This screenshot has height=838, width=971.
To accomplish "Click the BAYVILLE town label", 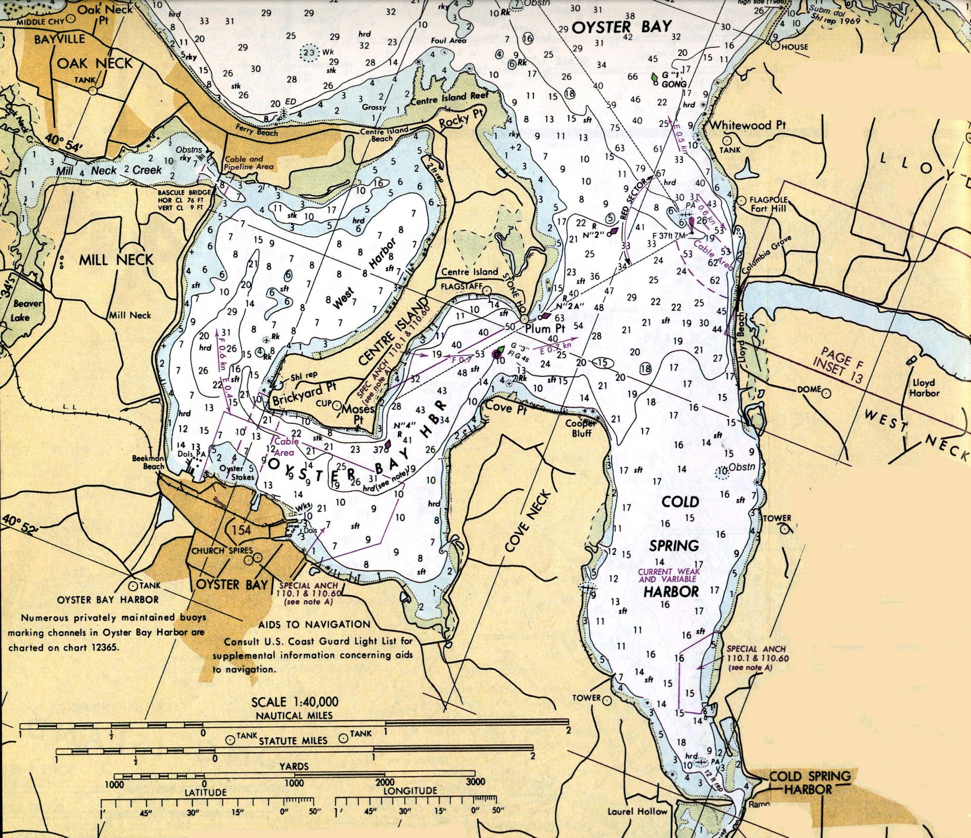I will (x=59, y=39).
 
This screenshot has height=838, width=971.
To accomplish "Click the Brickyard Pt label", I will (x=303, y=393).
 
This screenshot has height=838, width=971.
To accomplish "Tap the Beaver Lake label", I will (x=27, y=310).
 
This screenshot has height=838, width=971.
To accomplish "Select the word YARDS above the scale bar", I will (x=293, y=766).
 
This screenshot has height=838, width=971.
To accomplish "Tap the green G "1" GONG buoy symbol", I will (x=655, y=77).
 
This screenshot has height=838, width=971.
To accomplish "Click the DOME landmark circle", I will (x=826, y=393).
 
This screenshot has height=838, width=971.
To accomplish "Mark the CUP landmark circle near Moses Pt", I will (x=337, y=406).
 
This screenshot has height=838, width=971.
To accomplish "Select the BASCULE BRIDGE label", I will (x=184, y=193).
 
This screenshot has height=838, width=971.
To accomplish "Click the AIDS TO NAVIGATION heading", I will (x=314, y=624).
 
